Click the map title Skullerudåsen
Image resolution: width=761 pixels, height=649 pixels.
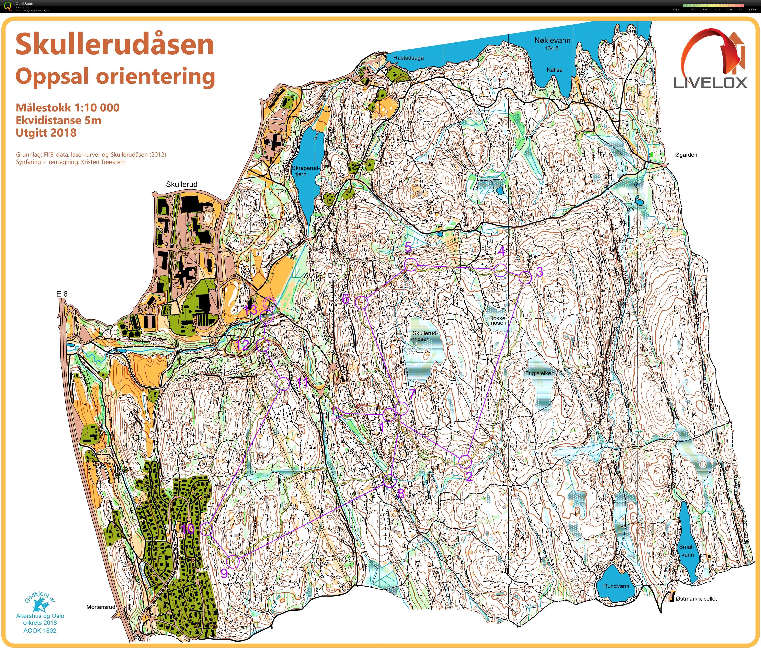[x=115, y=45]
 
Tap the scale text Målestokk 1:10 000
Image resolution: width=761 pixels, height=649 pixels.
[x=68, y=108]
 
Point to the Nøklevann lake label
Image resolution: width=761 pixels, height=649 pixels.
[x=552, y=41]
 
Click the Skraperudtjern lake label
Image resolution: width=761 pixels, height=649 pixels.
[x=306, y=171]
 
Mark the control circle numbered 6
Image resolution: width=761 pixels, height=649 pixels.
[x=361, y=303]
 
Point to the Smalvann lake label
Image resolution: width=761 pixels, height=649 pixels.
[x=687, y=551]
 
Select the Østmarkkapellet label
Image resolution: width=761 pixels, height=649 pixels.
[x=696, y=599]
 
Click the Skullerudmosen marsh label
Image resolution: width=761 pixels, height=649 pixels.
[x=425, y=336]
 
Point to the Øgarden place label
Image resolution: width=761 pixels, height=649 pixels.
[x=686, y=155]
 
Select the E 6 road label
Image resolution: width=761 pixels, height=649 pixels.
[x=62, y=294]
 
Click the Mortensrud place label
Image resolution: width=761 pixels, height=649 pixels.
[x=101, y=607]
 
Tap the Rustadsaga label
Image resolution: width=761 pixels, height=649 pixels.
[x=408, y=58]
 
